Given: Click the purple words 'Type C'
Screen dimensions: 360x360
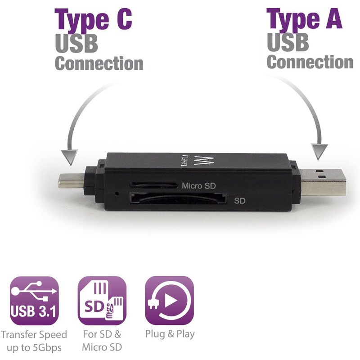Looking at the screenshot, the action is coord(93,20).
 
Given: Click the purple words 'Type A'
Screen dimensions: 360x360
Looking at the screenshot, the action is coord(304,20).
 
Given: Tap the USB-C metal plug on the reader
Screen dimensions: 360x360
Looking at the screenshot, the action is coord(71,181).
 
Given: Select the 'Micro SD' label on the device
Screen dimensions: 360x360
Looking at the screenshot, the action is coord(198,186).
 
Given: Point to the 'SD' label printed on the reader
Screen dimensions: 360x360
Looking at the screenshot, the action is coord(240,201).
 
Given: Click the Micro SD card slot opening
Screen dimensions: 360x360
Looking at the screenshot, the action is coord(153,185).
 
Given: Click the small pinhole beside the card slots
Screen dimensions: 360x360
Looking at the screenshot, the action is coord(117,193).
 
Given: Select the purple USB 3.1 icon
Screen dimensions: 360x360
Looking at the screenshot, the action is coord(34,300).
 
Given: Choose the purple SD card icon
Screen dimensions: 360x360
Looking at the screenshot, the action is coord(102,300).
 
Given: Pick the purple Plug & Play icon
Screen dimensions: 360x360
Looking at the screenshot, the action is coord(170,300).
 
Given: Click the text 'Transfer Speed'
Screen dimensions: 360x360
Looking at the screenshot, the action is coord(34,335).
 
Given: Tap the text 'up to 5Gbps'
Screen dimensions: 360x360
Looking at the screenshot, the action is coord(34,348).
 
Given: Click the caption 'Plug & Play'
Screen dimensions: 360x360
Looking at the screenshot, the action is coord(170,334).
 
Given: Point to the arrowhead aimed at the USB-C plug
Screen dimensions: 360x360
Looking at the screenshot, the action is coord(70,157).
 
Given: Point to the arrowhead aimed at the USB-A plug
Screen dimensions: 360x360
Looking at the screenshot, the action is coord(319,152).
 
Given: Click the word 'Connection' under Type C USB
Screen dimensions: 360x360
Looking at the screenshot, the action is coord(99,63).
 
